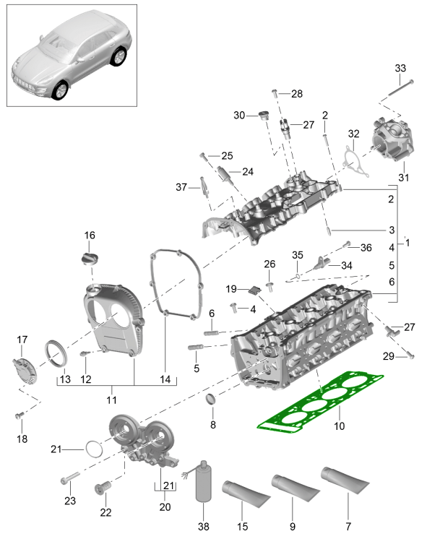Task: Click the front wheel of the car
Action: (60, 90)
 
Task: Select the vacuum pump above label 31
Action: (392, 142)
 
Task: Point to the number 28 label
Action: (297, 94)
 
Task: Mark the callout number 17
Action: (22, 339)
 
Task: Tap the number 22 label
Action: (106, 512)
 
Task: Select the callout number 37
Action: (182, 187)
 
